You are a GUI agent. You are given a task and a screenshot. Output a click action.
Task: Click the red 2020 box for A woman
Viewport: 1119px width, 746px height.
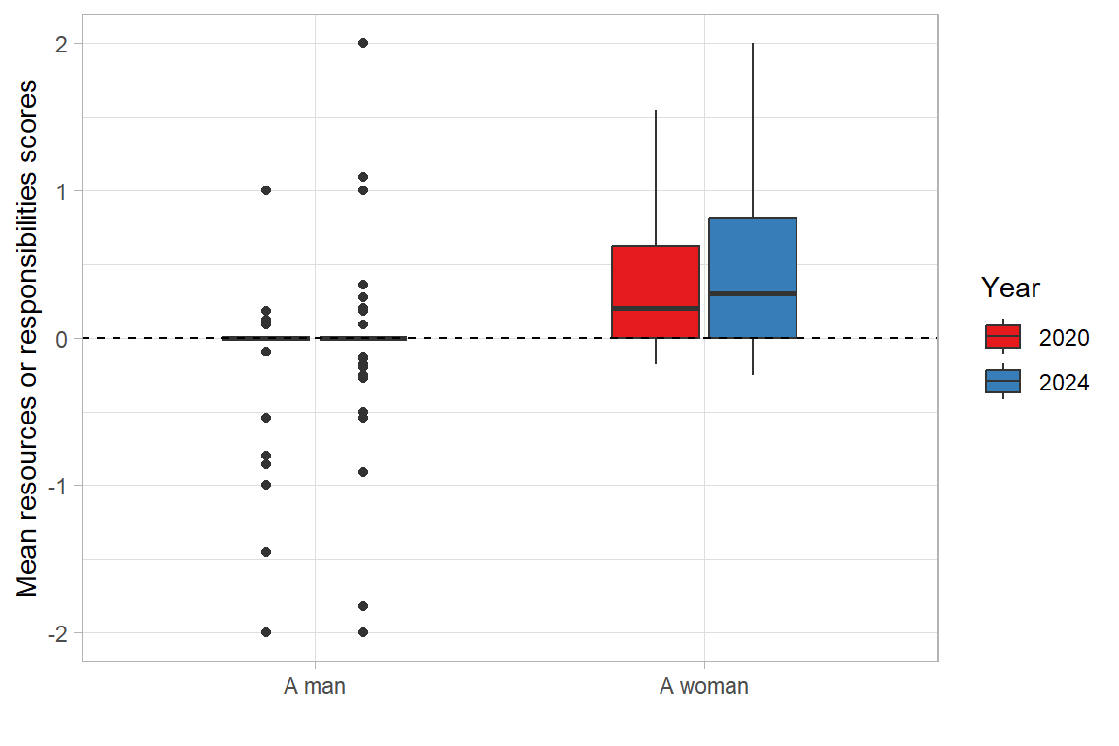[x=656, y=277]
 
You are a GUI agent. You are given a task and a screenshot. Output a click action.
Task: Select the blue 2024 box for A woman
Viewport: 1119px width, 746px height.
[x=753, y=257]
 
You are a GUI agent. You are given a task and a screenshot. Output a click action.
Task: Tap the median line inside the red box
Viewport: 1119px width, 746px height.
[x=656, y=308]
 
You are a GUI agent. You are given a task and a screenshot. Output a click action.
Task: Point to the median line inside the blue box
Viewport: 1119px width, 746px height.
[x=753, y=293]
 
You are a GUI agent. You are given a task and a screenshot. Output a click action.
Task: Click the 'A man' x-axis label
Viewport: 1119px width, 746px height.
[x=315, y=687]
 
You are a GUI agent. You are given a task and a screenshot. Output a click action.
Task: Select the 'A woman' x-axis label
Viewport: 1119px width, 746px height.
[x=704, y=687]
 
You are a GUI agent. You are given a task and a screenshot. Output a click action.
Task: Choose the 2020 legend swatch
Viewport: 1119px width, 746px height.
[x=1002, y=336]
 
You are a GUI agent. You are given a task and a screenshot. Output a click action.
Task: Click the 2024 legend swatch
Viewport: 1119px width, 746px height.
[x=1002, y=381]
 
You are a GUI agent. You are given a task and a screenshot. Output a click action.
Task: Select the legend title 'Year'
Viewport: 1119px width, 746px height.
[x=1010, y=288]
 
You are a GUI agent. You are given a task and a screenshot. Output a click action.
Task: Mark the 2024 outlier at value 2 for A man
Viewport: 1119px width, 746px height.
[x=363, y=43]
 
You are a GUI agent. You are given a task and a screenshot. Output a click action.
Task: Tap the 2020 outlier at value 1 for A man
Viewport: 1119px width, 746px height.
[x=266, y=190]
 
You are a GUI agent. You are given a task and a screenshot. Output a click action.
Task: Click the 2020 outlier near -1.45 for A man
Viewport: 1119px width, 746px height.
[x=266, y=552]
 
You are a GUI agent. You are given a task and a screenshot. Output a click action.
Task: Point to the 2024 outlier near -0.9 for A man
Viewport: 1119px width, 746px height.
[x=363, y=472]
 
